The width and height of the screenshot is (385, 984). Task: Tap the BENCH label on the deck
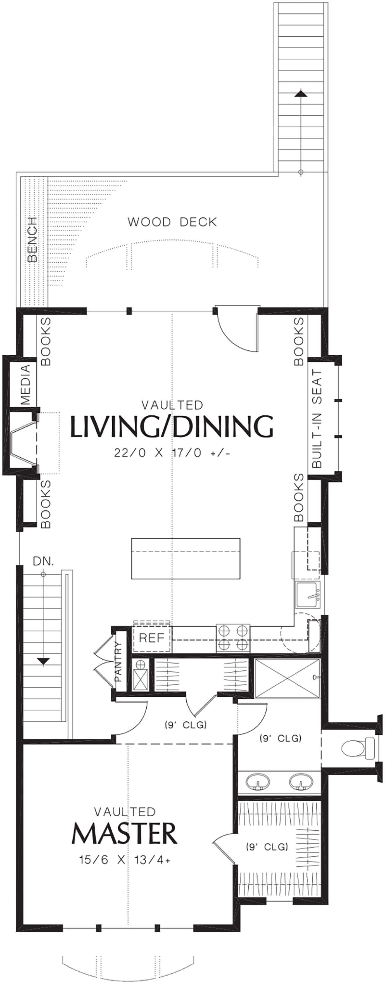tap(33, 240)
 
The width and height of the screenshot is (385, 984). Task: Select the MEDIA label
tap(25, 385)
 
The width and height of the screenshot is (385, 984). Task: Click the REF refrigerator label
tap(151, 638)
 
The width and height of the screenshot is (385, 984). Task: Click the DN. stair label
tap(44, 562)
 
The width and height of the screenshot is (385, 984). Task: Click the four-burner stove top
tap(233, 638)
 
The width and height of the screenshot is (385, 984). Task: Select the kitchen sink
tap(308, 595)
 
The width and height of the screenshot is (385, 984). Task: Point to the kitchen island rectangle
tap(185, 558)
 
